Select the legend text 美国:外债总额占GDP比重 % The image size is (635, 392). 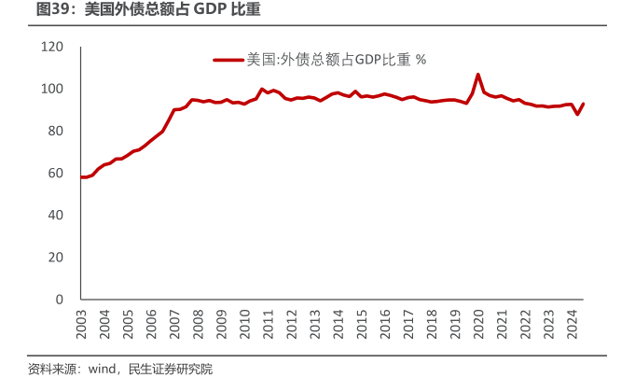click(336, 60)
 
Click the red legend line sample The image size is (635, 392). click(228, 60)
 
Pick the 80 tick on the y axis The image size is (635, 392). click(56, 131)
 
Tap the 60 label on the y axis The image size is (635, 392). click(56, 173)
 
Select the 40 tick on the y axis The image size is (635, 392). click(56, 215)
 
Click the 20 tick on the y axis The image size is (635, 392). click(56, 257)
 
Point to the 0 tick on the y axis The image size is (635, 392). click(60, 299)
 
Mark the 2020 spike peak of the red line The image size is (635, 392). click(478, 74)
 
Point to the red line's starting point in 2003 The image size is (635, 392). click(81, 176)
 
